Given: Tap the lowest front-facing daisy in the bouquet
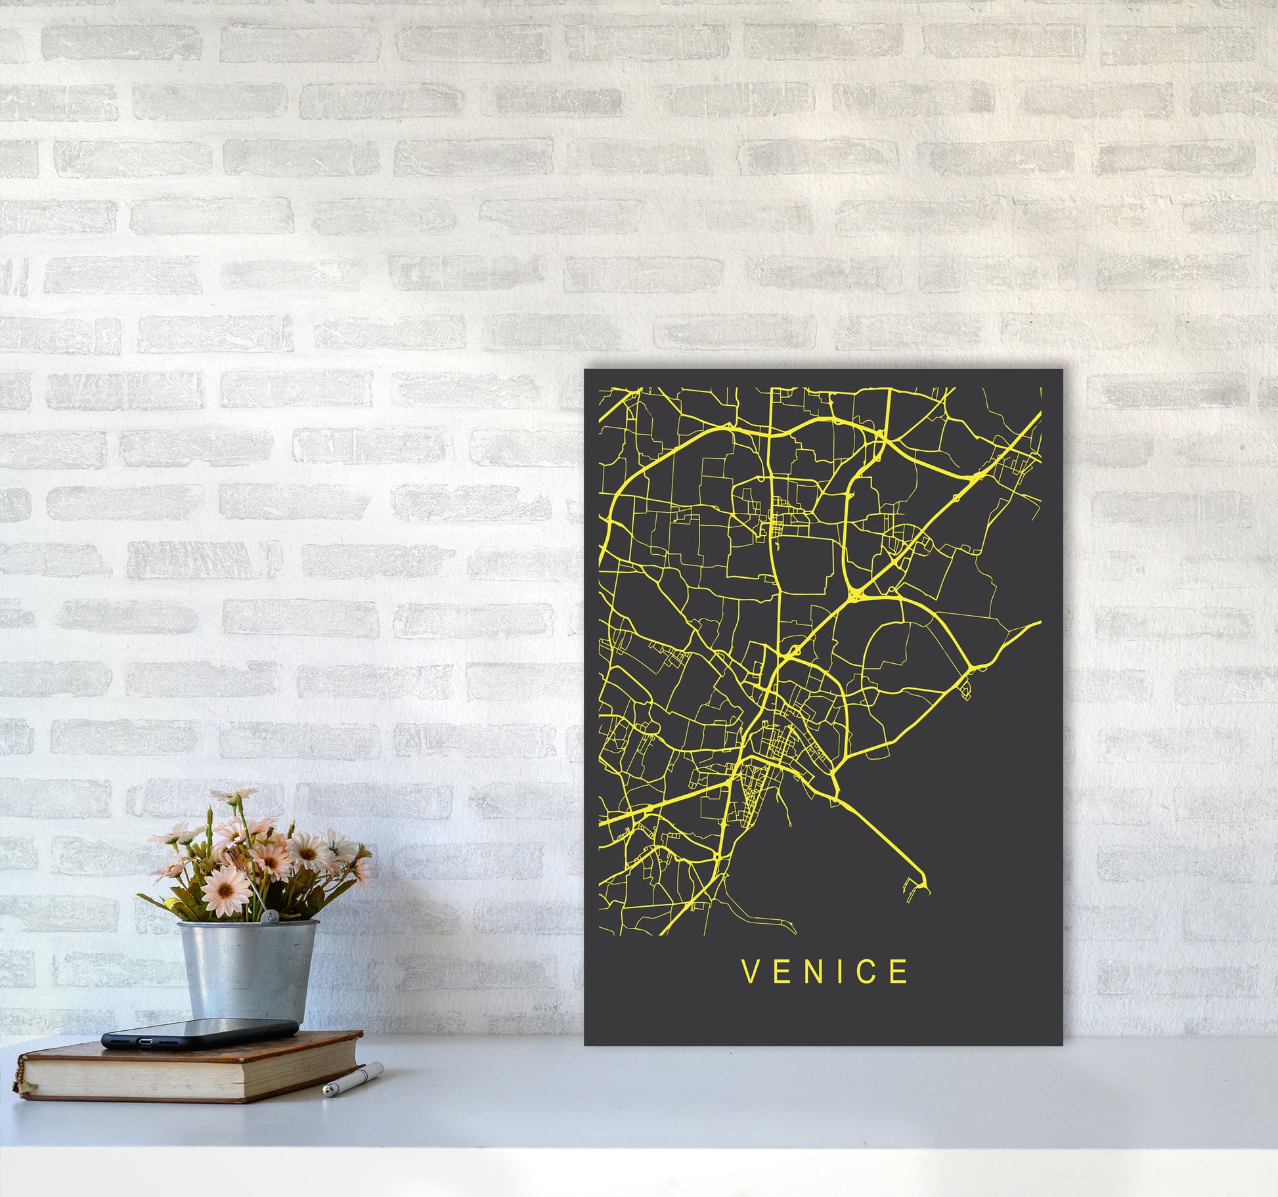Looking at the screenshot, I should click(225, 889).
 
